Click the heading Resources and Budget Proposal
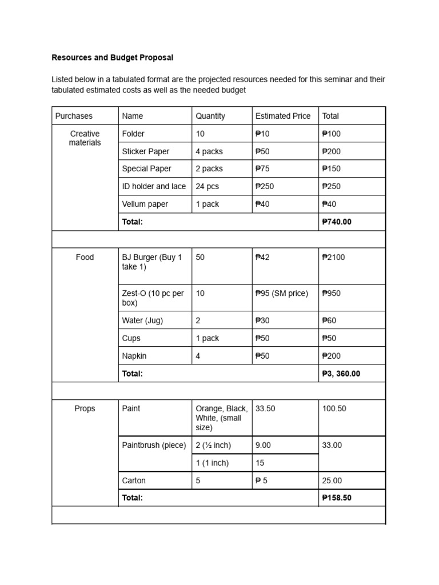pyautogui.click(x=112, y=58)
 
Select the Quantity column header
pyautogui.click(x=210, y=116)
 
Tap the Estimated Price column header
pyautogui.click(x=283, y=116)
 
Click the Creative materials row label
pyautogui.click(x=85, y=138)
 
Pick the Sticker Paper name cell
pyautogui.click(x=146, y=151)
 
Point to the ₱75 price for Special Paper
pyautogui.click(x=262, y=169)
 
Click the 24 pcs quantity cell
pyautogui.click(x=207, y=186)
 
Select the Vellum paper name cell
pyautogui.click(x=145, y=204)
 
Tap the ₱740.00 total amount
pyautogui.click(x=337, y=222)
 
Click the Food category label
pyautogui.click(x=85, y=257)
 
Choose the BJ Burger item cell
pyautogui.click(x=152, y=262)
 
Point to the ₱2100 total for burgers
pyautogui.click(x=334, y=257)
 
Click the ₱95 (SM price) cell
pyautogui.click(x=282, y=293)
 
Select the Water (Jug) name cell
pyautogui.click(x=142, y=320)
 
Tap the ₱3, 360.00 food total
pyautogui.click(x=341, y=374)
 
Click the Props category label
pyautogui.click(x=85, y=408)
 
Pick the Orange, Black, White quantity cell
pyautogui.click(x=221, y=418)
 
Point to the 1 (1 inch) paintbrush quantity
pyautogui.click(x=212, y=463)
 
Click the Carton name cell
pyautogui.click(x=134, y=480)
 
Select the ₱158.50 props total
pyautogui.click(x=337, y=498)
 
